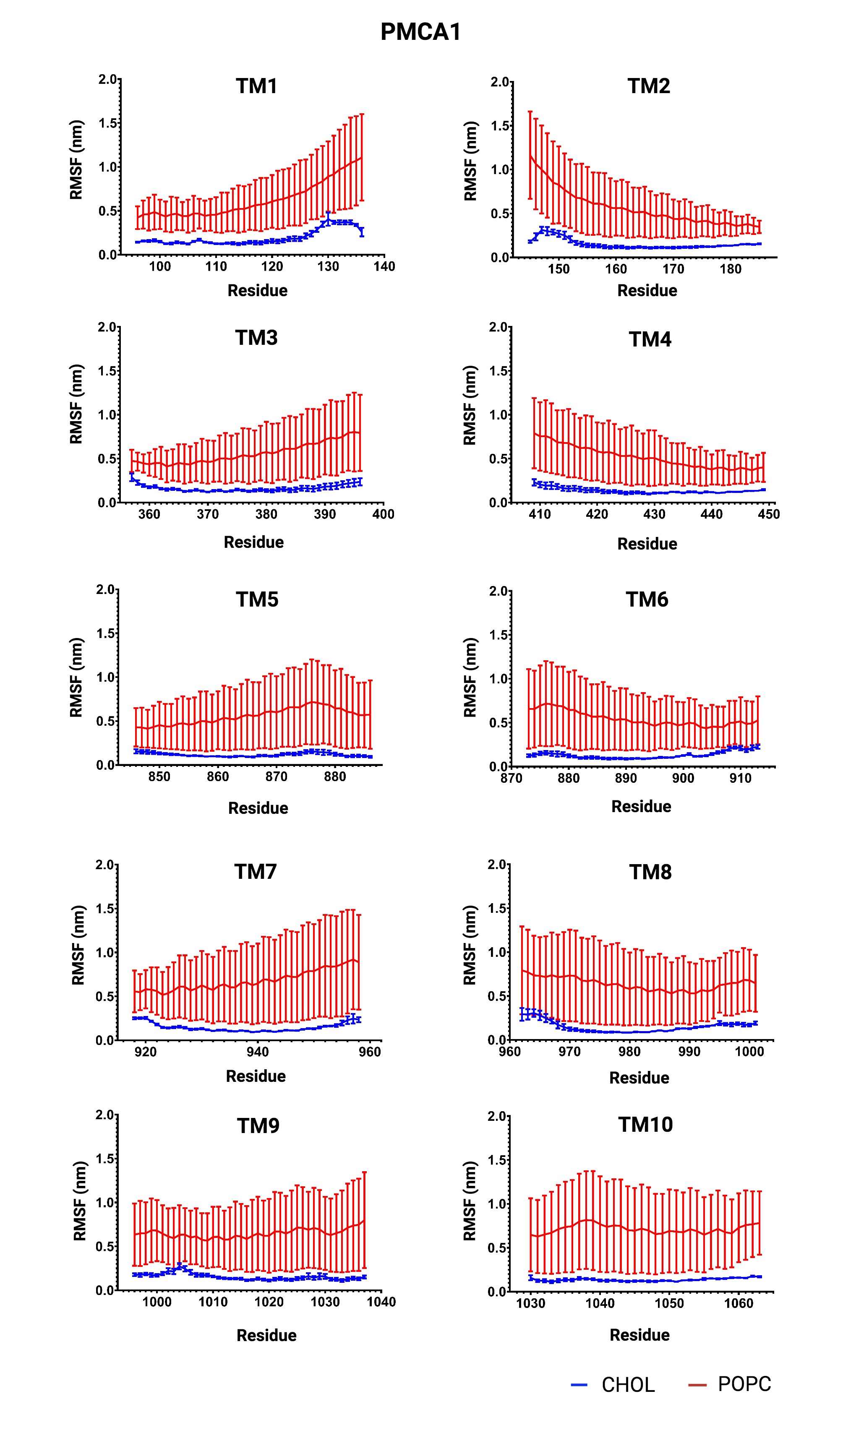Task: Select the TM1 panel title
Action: (257, 86)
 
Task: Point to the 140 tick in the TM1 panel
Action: (384, 266)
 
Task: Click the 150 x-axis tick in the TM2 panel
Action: (559, 269)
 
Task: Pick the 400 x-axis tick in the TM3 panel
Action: (383, 514)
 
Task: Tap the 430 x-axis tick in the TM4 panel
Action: (654, 514)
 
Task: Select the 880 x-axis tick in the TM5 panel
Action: (335, 776)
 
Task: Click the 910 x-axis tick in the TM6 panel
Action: (740, 778)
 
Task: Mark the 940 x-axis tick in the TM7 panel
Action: (257, 1052)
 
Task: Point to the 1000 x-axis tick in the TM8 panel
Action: (749, 1052)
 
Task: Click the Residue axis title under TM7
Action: (256, 1076)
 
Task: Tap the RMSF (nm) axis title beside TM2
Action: (470, 161)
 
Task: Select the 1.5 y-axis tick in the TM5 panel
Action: (106, 633)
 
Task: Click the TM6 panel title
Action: (647, 600)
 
